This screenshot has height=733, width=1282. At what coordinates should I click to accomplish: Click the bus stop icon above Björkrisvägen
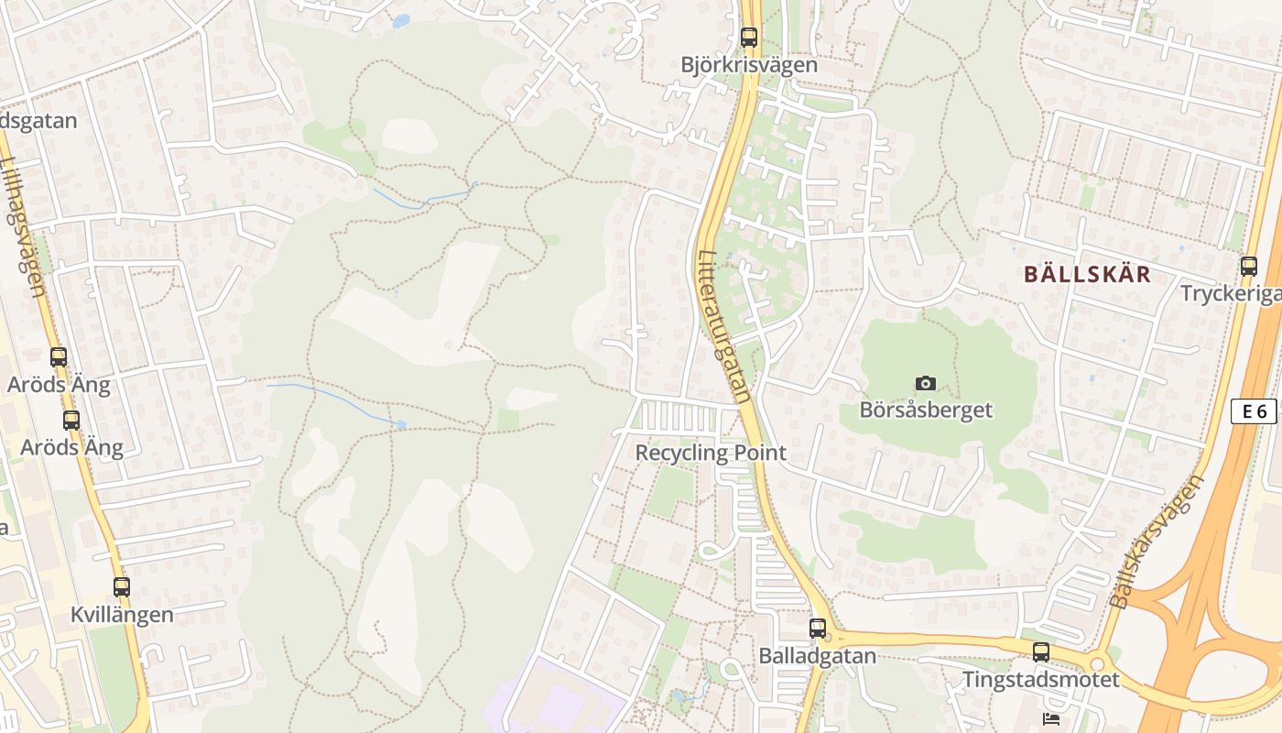click(x=749, y=38)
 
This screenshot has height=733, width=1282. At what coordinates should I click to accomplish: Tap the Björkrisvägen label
click(x=749, y=65)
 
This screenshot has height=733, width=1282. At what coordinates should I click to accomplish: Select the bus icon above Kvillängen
click(x=122, y=587)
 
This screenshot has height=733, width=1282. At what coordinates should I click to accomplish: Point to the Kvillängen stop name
click(x=122, y=615)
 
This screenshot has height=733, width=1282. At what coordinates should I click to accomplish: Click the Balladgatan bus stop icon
click(x=818, y=629)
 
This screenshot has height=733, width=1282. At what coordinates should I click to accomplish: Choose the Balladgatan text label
click(x=818, y=656)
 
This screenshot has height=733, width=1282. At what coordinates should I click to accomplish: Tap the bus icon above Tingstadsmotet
click(x=1041, y=652)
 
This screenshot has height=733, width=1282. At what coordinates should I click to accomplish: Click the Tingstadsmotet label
click(x=1041, y=680)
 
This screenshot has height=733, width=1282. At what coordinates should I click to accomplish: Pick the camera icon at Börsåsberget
click(x=926, y=383)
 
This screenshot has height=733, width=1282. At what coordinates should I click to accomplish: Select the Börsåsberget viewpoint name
click(x=926, y=410)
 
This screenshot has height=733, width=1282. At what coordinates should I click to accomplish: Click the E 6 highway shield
click(x=1254, y=411)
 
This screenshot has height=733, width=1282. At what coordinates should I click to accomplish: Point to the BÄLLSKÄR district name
click(x=1087, y=274)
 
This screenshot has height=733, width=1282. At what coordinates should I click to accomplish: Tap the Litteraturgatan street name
click(x=723, y=327)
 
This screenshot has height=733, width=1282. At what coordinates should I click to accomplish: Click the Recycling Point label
click(x=711, y=453)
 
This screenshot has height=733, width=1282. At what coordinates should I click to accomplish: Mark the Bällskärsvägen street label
click(x=1157, y=542)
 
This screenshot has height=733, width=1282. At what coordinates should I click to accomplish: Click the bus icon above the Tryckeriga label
click(x=1249, y=267)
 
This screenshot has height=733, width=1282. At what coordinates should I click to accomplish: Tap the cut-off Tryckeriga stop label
click(x=1232, y=294)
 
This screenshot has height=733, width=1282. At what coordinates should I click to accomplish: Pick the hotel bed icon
click(x=1051, y=719)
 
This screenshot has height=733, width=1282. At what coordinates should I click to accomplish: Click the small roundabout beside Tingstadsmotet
click(x=1098, y=662)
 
